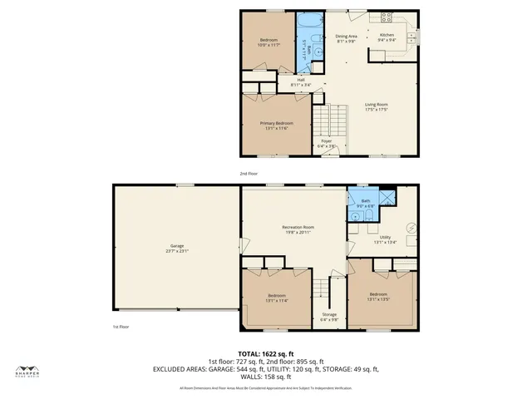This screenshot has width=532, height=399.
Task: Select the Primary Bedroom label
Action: [277, 124]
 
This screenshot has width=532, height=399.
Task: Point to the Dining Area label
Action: [346, 37]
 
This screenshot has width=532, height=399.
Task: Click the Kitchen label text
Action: [387, 34]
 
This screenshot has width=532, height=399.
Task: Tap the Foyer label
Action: [328, 141]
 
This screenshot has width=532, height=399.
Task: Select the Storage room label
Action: [329, 314]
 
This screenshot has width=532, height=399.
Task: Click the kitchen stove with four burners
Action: [387, 17]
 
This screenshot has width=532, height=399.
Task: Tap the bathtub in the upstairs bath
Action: [311, 20]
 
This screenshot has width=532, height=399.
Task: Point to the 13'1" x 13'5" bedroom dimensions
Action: [378, 299]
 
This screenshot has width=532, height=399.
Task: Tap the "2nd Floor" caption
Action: [249, 173]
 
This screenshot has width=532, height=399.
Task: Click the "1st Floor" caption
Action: [121, 327]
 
